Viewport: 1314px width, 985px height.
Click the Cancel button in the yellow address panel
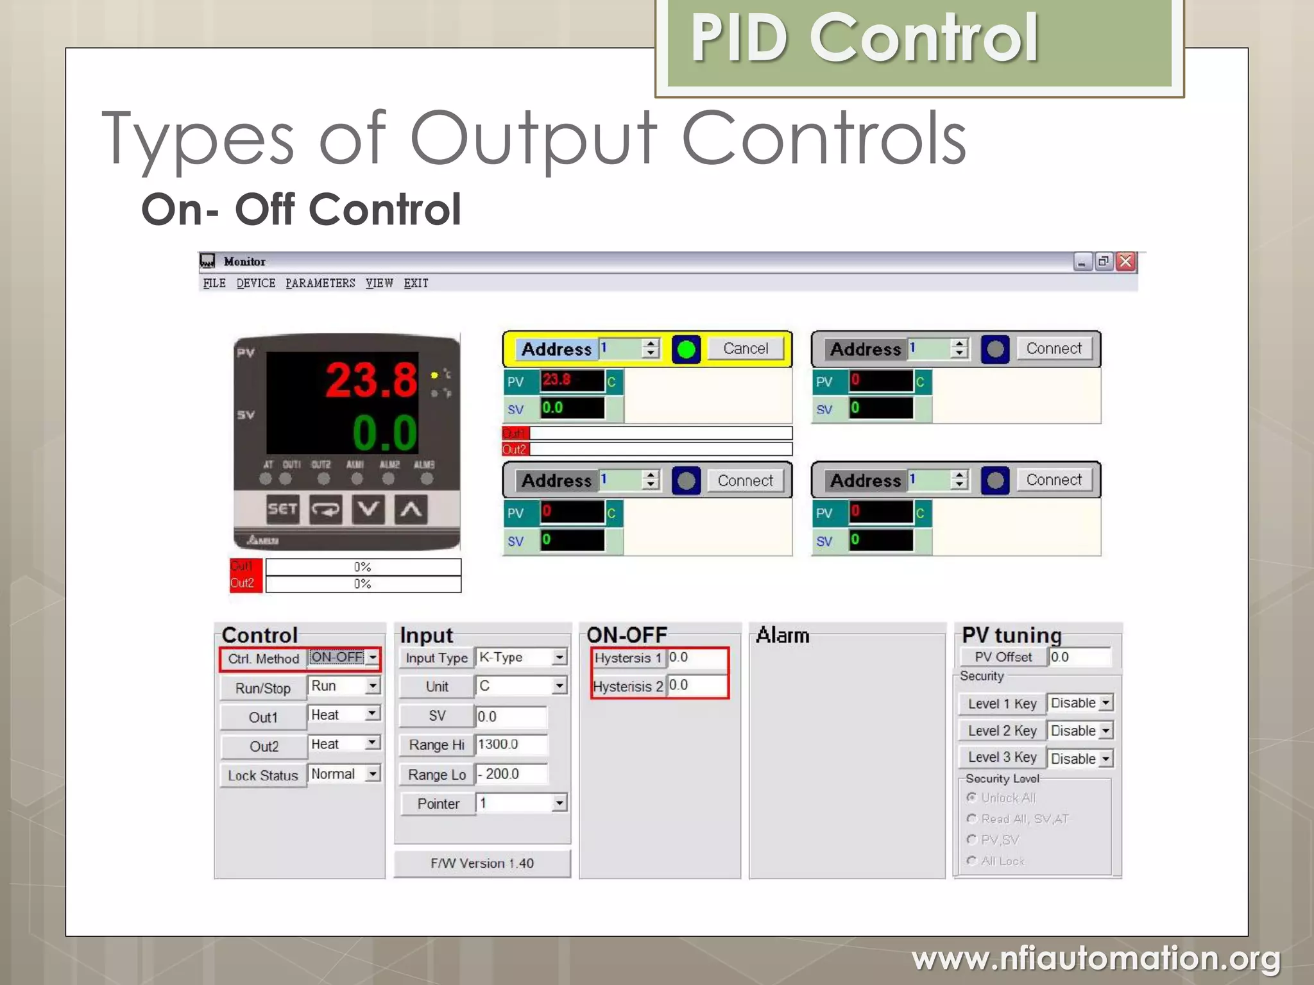click(x=745, y=349)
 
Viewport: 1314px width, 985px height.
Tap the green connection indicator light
click(x=686, y=349)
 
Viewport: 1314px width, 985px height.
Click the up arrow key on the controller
click(x=411, y=510)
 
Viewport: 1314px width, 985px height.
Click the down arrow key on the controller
click(x=368, y=510)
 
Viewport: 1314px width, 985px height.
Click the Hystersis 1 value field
click(x=696, y=658)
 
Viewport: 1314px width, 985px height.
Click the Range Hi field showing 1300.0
click(x=511, y=745)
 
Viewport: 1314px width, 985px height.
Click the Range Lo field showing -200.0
click(x=511, y=774)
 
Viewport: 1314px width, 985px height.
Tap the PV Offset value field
click(x=1079, y=657)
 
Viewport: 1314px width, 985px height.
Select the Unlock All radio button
click(x=972, y=798)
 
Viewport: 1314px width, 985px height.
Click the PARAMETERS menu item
click(x=320, y=283)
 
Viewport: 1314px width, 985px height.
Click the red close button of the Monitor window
click(x=1125, y=262)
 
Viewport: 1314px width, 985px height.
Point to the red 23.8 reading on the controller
click(x=371, y=380)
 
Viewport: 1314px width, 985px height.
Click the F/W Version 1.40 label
click(x=482, y=864)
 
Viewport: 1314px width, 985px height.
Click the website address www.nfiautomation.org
click(x=1096, y=959)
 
